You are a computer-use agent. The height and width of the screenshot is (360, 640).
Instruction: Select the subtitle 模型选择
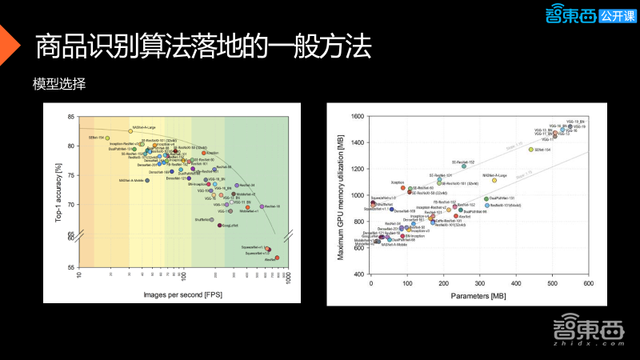pos(60,84)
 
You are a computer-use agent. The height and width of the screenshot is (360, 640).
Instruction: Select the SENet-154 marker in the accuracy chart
pos(107,138)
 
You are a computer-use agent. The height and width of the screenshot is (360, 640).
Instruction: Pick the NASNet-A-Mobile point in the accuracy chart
pos(147,180)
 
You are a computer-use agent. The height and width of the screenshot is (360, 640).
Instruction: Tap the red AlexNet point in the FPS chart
pos(278,258)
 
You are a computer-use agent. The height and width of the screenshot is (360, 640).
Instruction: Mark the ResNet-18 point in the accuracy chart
pos(262,206)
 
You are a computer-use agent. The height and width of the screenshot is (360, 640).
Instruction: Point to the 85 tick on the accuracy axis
pos(73,117)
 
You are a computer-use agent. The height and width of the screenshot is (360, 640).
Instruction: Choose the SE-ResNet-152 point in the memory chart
pos(463,166)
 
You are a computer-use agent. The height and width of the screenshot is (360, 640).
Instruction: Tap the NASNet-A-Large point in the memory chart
pos(494,180)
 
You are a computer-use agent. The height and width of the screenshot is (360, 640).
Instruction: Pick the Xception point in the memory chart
pos(402,188)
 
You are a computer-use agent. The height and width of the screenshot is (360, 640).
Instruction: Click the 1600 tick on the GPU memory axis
pos(358,117)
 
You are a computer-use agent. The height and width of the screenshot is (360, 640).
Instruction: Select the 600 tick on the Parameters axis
pos(588,283)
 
